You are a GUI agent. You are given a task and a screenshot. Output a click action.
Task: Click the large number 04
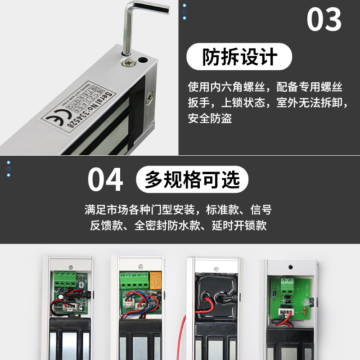(x=105, y=180)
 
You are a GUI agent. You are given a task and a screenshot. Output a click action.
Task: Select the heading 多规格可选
(x=192, y=179)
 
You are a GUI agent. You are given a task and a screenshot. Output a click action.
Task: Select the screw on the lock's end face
(x=150, y=95)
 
